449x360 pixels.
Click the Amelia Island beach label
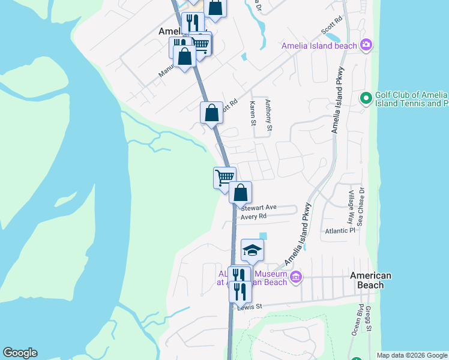click(x=319, y=46)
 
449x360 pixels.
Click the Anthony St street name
click(x=269, y=115)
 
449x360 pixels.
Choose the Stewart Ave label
click(x=258, y=207)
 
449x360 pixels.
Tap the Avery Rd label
click(x=253, y=216)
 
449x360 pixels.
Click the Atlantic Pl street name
click(x=340, y=230)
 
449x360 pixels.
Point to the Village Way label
click(x=351, y=205)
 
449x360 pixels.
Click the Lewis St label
click(x=250, y=307)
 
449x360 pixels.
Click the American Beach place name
click(x=370, y=280)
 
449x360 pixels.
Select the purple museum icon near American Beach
click(x=295, y=277)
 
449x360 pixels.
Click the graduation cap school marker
click(x=252, y=250)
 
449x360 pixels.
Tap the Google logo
click(x=20, y=353)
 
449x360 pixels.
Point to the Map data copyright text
click(x=412, y=355)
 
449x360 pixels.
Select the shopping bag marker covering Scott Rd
click(x=211, y=112)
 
